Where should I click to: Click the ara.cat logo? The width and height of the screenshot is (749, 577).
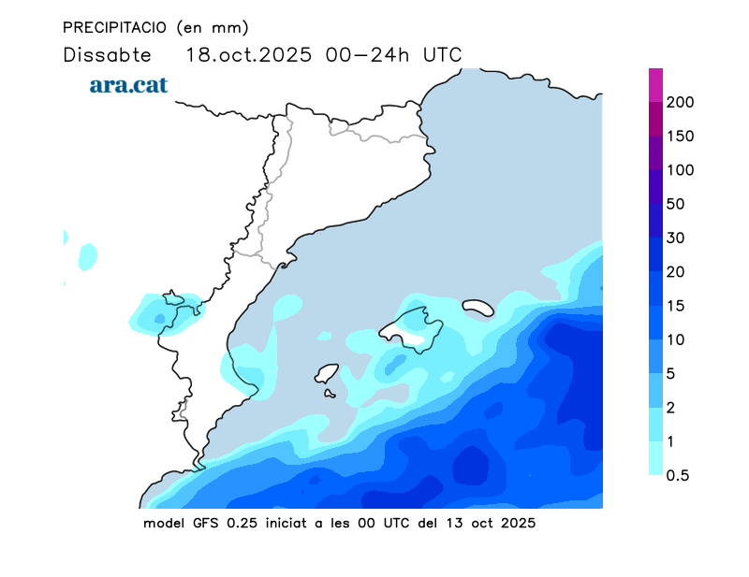(x=128, y=85)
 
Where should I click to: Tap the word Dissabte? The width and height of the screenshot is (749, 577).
(x=107, y=54)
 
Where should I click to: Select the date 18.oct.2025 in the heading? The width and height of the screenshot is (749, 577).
(x=249, y=54)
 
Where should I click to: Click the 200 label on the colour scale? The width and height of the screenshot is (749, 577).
(x=680, y=103)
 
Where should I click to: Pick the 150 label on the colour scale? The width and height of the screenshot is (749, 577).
(x=680, y=137)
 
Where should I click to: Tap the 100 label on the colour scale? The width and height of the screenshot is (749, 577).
(x=680, y=170)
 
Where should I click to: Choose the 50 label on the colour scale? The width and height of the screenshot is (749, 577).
(x=675, y=204)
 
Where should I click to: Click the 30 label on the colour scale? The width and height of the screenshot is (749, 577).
(x=675, y=238)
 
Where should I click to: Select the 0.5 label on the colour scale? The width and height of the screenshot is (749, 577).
(x=677, y=475)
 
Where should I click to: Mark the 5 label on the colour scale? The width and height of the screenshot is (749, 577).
(x=670, y=373)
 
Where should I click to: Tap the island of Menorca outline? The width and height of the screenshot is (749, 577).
(x=477, y=307)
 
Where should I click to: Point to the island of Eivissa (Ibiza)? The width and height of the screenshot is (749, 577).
(x=326, y=374)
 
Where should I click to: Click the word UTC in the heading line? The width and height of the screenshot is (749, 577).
(x=442, y=54)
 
